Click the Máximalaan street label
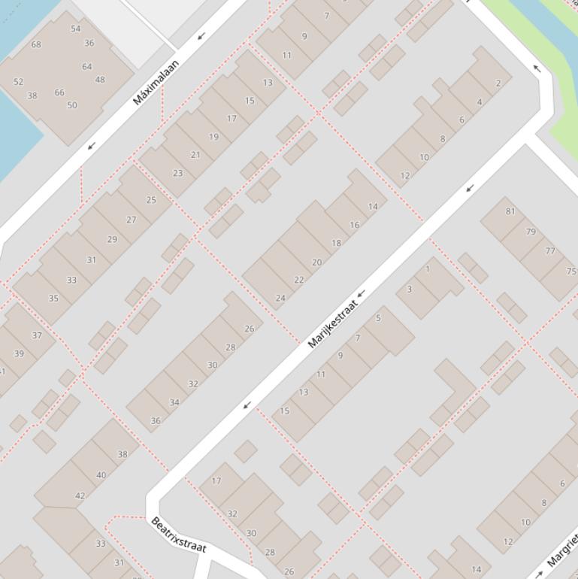156,82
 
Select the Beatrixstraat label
178,535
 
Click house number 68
36,44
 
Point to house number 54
75,29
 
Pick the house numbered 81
510,211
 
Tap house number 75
571,271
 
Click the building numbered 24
280,298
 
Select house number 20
316,262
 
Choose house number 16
354,224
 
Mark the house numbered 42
80,496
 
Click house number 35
53,299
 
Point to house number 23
177,173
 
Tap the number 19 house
214,137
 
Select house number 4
480,102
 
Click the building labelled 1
428,268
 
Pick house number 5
378,318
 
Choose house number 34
174,402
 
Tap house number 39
19,353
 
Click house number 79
531,232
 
